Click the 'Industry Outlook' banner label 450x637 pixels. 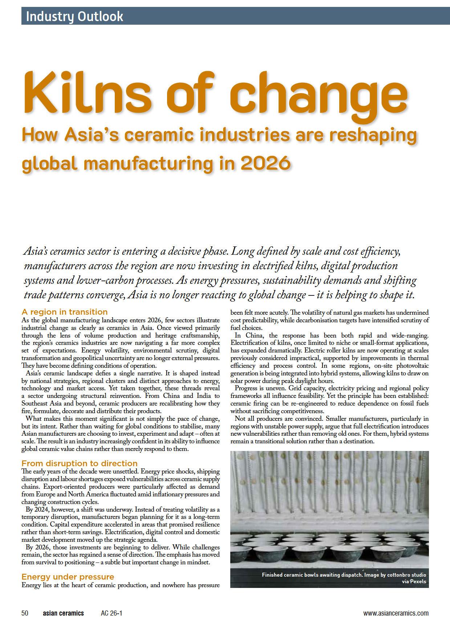tap(74, 16)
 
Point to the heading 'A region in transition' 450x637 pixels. tap(65, 312)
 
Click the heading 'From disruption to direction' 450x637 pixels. tap(80, 463)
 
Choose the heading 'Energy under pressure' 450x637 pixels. tap(68, 577)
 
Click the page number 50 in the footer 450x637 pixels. tap(25, 613)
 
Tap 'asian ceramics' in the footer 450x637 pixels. tap(63, 613)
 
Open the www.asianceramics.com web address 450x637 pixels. tap(396, 613)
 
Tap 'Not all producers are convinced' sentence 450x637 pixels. tap(278, 418)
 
